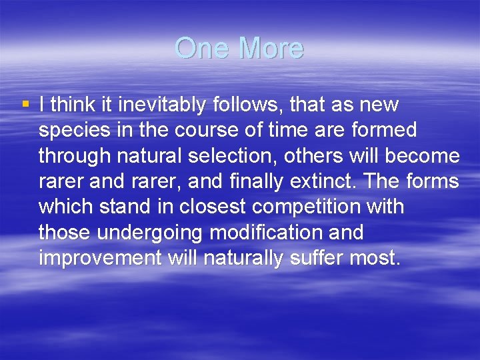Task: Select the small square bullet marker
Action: tap(25, 104)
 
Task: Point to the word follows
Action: tap(244, 105)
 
